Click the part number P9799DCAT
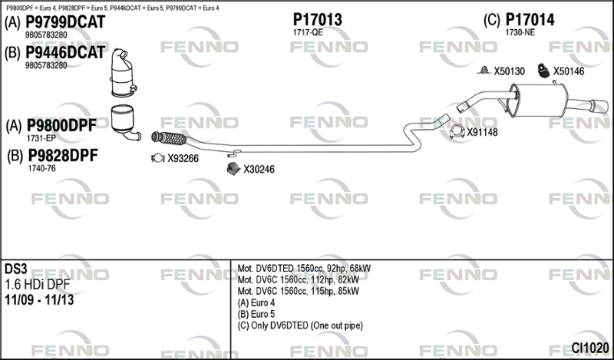click(x=65, y=22)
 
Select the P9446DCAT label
click(x=65, y=52)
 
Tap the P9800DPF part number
click(x=61, y=126)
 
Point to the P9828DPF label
click(x=63, y=156)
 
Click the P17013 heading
click(x=318, y=20)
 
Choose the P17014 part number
click(x=530, y=20)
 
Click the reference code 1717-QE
click(x=308, y=32)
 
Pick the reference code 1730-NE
click(x=520, y=32)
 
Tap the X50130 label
click(x=509, y=71)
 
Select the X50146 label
click(x=569, y=71)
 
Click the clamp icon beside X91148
click(x=457, y=131)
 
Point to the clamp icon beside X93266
click(x=158, y=158)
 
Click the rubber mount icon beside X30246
click(x=233, y=168)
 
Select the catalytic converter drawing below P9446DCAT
click(x=123, y=73)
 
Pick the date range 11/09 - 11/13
click(x=39, y=300)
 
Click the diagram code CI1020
click(x=590, y=348)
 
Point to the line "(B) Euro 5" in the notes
click(x=256, y=314)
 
